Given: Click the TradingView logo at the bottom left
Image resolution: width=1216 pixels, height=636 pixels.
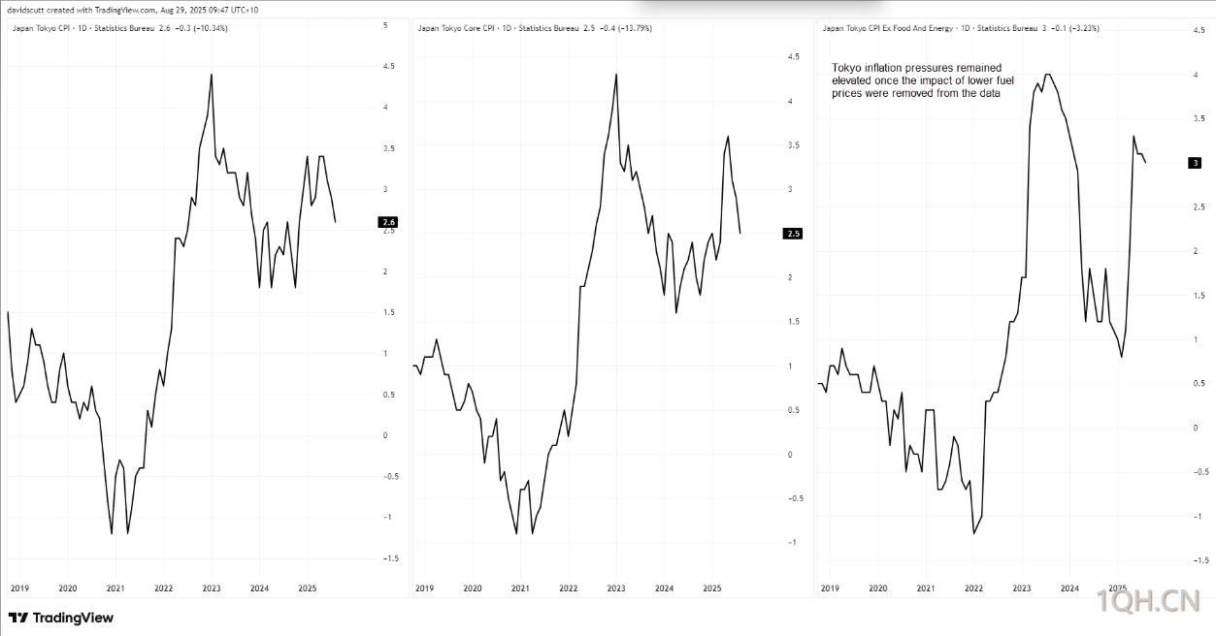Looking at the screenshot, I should tap(61, 618).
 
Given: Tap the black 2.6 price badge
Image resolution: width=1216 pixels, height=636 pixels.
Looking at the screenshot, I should tap(389, 222).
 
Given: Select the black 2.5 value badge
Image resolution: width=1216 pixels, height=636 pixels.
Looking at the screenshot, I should tap(794, 234).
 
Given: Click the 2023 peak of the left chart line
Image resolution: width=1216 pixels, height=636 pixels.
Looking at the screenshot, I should tap(212, 75).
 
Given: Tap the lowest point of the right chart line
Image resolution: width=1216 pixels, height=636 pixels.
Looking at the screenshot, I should tap(973, 532).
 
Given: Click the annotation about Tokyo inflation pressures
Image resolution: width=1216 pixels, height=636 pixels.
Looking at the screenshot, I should tap(917, 80).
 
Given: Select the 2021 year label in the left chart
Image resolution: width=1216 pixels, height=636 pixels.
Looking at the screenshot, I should tap(115, 588).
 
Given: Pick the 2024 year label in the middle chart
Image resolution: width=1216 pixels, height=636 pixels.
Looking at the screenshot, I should tap(664, 588).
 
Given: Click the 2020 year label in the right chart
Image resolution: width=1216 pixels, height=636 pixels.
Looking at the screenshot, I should tap(877, 588).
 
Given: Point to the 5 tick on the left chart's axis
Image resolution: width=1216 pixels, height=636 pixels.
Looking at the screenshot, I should tap(385, 25).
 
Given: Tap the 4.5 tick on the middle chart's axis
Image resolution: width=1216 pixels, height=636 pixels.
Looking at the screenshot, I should tap(793, 57).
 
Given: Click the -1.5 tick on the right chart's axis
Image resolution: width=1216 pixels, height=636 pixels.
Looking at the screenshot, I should tap(1200, 560).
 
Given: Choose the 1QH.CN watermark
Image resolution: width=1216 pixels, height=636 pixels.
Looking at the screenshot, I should tap(1154, 602).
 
